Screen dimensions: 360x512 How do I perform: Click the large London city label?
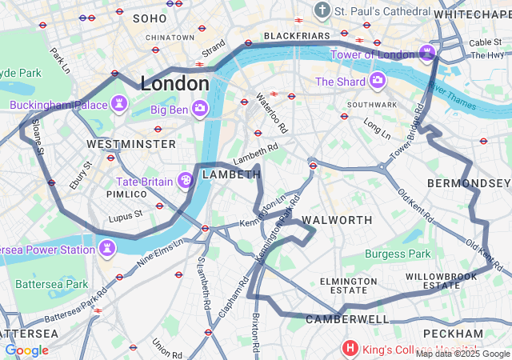pos(174,82)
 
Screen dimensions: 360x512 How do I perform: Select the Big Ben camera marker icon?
pos(200,108)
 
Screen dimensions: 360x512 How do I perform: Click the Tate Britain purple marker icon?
pos(185,181)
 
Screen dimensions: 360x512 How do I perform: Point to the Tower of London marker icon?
pos(428,54)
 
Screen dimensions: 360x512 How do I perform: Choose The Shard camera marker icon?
pos(377,81)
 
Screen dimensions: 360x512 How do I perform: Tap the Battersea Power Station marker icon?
pos(107,250)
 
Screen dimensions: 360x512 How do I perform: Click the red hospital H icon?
pos(350,348)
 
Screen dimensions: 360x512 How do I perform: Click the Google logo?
pos(26,350)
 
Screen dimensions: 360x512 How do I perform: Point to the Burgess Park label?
pos(398,254)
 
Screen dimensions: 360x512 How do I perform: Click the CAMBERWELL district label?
pos(346,319)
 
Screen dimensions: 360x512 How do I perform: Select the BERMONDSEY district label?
pos(479,184)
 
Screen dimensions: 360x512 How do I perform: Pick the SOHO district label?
pos(150,18)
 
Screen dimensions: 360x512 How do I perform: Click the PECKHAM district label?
pos(454,333)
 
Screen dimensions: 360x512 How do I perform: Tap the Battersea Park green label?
pos(52,284)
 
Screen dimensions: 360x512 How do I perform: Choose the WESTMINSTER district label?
pos(131,144)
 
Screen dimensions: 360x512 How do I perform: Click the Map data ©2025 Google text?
pos(462,354)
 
